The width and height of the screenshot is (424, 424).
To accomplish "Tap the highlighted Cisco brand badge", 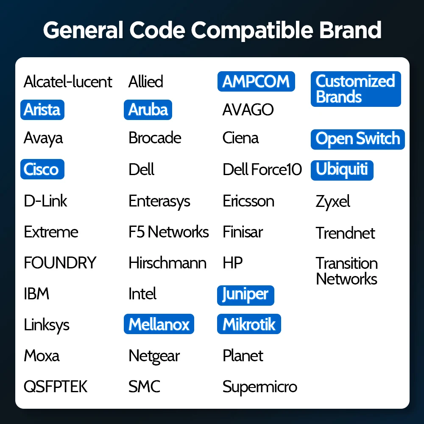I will pyautogui.click(x=42, y=169).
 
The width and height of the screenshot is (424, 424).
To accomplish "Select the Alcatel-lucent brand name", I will pyautogui.click(x=68, y=81).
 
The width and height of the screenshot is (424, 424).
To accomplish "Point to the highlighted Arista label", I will pyautogui.click(x=42, y=109).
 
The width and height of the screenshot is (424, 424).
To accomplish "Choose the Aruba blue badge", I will pyautogui.click(x=148, y=109).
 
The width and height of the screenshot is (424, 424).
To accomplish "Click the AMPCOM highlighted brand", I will pyautogui.click(x=256, y=81).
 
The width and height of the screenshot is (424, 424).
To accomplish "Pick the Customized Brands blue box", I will pyautogui.click(x=355, y=89).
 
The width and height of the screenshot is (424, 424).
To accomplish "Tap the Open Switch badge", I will pyautogui.click(x=357, y=139).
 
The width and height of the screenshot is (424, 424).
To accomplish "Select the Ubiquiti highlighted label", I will pyautogui.click(x=342, y=170).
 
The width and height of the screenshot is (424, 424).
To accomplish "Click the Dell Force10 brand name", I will pyautogui.click(x=262, y=170).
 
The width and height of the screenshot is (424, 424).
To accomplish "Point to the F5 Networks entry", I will pyautogui.click(x=168, y=232).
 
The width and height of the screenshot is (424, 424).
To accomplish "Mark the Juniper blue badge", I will pyautogui.click(x=245, y=295).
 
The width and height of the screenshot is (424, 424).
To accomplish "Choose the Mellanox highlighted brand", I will pyautogui.click(x=159, y=324).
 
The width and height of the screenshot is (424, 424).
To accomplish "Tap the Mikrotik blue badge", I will pyautogui.click(x=249, y=324).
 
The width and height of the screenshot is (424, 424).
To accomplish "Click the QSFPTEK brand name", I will pyautogui.click(x=56, y=387).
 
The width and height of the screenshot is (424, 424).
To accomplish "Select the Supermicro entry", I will pyautogui.click(x=259, y=387).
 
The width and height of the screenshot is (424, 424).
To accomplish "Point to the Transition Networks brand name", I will pyautogui.click(x=346, y=271).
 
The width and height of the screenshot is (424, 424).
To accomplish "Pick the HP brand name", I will pyautogui.click(x=232, y=263).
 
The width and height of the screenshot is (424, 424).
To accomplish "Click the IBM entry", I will pyautogui.click(x=36, y=293).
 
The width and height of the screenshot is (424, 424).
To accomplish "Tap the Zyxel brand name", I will pyautogui.click(x=333, y=201).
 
